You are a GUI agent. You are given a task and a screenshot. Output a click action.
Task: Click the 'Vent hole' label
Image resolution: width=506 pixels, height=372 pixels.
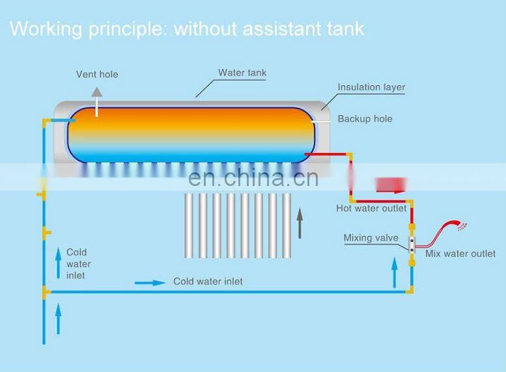pyautogui.click(x=97, y=74)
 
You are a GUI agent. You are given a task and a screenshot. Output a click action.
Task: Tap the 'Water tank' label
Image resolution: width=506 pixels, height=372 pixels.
pyautogui.click(x=242, y=73)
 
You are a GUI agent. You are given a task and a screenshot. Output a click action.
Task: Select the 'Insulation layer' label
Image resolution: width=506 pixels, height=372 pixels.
pyautogui.click(x=371, y=87)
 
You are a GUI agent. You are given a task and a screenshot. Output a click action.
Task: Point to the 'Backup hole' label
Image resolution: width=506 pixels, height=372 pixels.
pyautogui.click(x=365, y=119)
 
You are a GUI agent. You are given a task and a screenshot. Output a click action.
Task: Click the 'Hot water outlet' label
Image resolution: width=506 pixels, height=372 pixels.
pyautogui.click(x=371, y=208)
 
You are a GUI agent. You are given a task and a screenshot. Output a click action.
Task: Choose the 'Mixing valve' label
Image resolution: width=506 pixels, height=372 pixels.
pyautogui.click(x=371, y=238)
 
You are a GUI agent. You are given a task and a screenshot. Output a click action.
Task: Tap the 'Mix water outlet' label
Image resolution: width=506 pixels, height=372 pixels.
pyautogui.click(x=460, y=254)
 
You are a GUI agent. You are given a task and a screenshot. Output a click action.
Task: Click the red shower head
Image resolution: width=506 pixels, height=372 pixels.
pyautogui.click(x=461, y=226)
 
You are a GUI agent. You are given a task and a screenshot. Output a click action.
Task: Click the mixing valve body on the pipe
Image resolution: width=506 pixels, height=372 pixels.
pyautogui.click(x=412, y=245)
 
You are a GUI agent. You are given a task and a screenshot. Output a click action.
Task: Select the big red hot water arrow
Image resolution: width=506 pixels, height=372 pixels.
pyautogui.click(x=391, y=185)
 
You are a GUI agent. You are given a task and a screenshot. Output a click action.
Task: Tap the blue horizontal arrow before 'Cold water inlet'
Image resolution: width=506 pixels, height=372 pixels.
pyautogui.click(x=150, y=283)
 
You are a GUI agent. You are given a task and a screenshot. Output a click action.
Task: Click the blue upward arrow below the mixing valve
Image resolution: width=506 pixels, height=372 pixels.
pyautogui.click(x=393, y=272)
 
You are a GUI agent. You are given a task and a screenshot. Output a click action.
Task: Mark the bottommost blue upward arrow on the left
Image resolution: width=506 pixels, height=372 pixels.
pyautogui.click(x=57, y=320)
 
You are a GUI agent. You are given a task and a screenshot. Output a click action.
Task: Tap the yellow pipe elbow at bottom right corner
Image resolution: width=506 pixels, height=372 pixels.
pyautogui.click(x=410, y=291)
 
